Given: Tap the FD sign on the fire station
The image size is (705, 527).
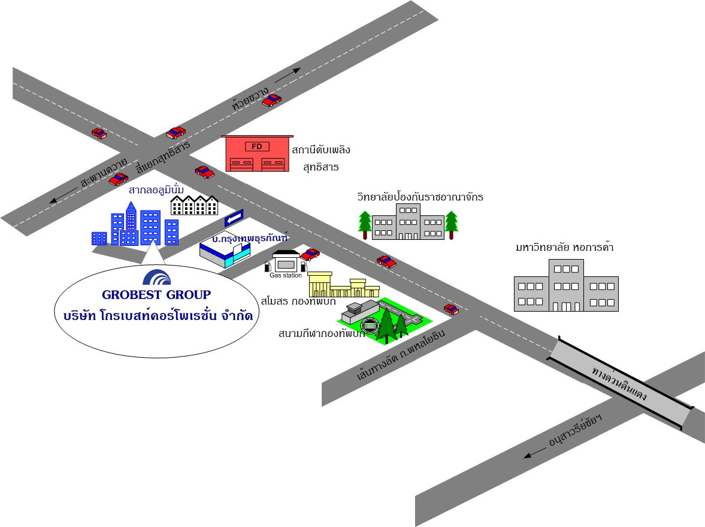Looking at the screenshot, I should [257, 147].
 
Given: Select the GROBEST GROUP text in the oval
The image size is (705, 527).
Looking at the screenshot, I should [156, 294].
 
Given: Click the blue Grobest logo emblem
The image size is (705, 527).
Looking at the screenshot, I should [157, 277].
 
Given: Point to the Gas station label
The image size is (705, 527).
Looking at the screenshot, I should [286, 275].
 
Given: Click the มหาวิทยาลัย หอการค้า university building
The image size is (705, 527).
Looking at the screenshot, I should [566, 286].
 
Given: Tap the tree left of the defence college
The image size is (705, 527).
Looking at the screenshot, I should [364, 224].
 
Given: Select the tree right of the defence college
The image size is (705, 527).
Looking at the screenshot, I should [451, 224].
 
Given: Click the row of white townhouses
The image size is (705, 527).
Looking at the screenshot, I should [194, 205].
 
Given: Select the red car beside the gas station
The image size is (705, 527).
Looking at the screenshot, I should [310, 254].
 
